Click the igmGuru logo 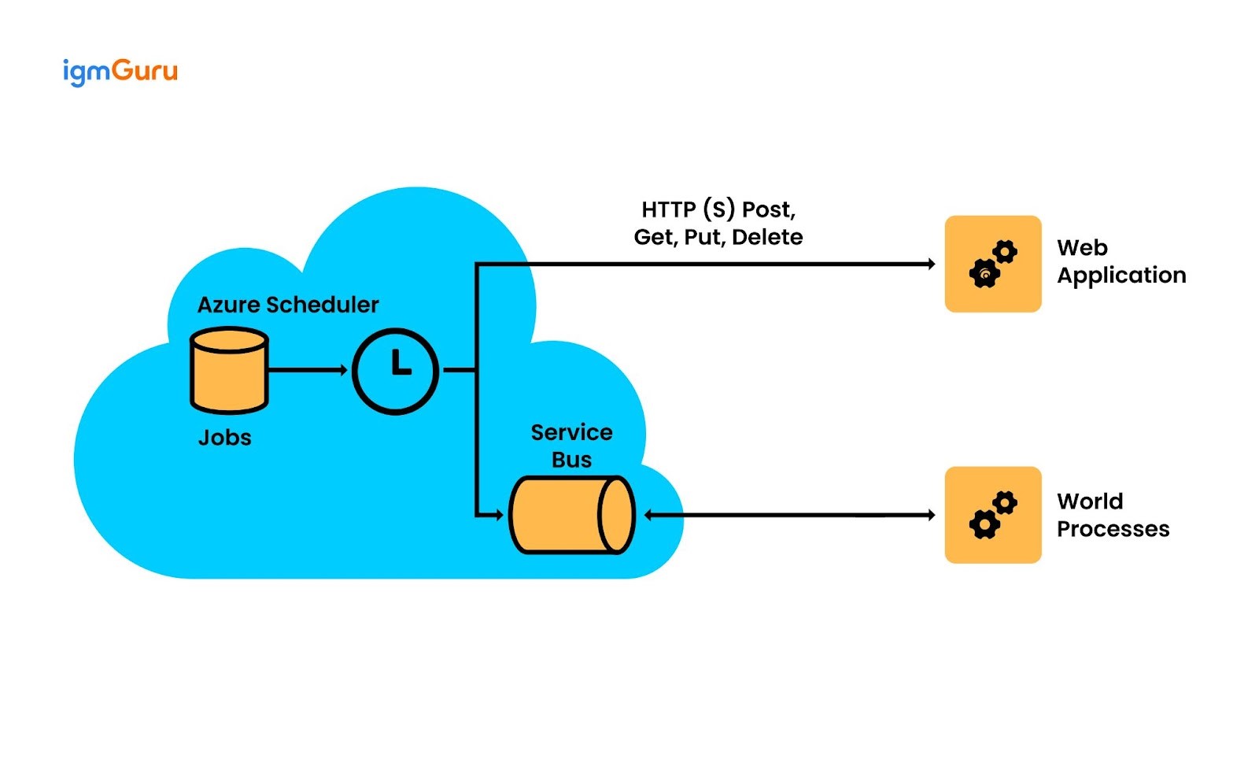120,72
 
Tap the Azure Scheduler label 288,305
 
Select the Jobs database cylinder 229,370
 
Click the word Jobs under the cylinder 225,438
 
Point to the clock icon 395,371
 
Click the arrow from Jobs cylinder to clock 307,370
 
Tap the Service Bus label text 571,446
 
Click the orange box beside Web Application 992,264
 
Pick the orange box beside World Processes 992,515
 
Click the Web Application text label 1121,261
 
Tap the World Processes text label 1113,515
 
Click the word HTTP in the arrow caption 669,210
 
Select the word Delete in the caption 767,238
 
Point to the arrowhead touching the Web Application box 931,265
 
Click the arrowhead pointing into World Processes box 931,515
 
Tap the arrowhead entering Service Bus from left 498,515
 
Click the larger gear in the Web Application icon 984,274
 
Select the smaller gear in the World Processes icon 1005,502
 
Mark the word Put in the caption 701,238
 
